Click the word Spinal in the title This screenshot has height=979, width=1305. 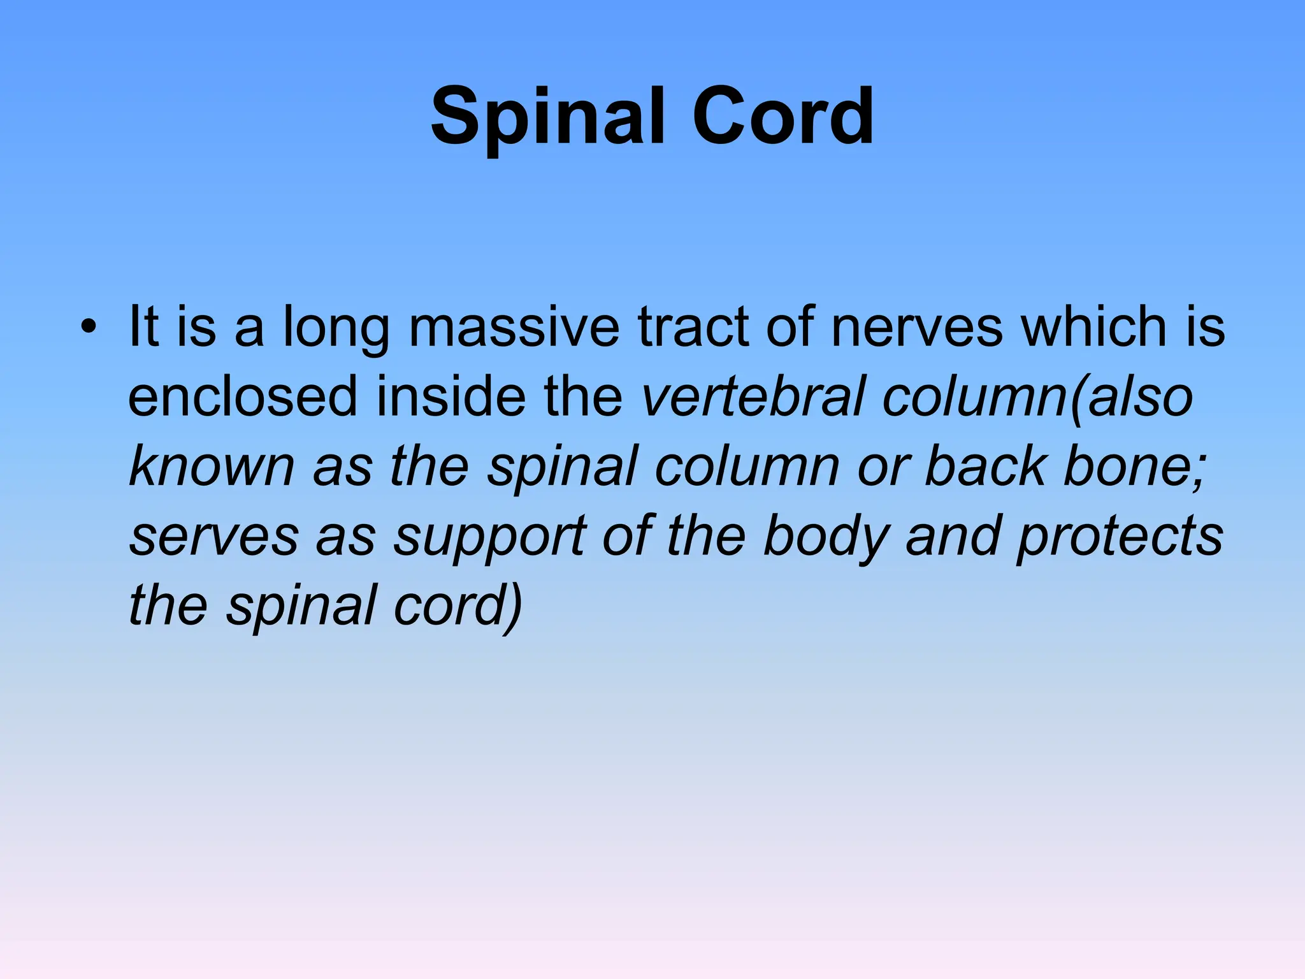click(548, 118)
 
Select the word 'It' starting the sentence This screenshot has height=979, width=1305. click(143, 327)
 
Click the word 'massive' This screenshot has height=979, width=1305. click(514, 327)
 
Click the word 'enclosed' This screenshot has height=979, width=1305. click(242, 396)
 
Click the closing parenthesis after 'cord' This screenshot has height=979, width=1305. click(515, 607)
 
